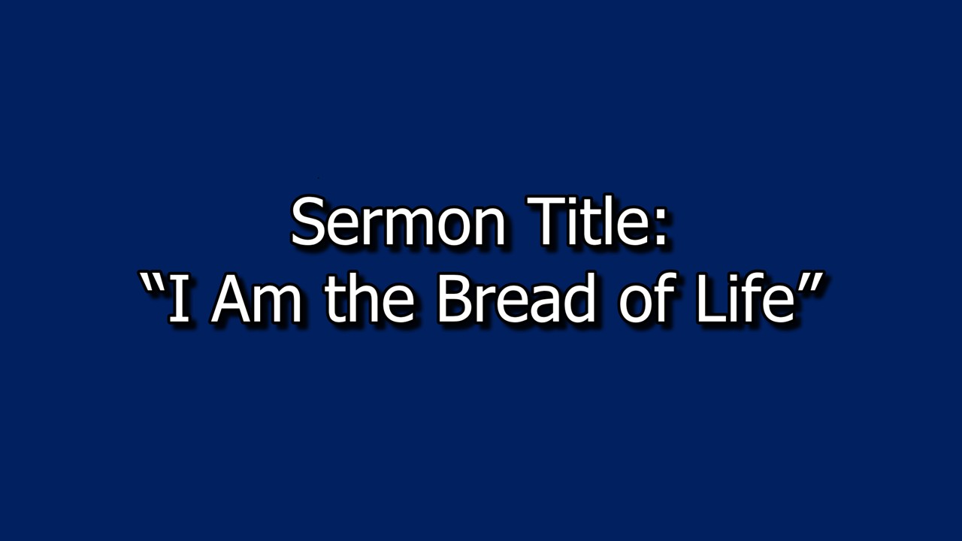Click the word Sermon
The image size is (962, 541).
pos(398,223)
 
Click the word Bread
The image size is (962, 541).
pos(516,298)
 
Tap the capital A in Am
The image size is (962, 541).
pos(234,298)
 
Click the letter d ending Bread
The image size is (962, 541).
pos(581,298)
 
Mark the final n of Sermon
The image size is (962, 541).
pos(489,228)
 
